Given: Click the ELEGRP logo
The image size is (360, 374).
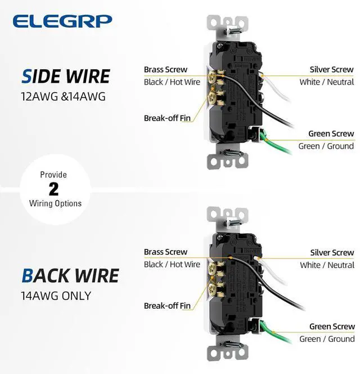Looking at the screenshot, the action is click(x=62, y=21).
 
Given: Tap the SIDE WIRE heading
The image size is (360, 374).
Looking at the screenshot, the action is click(x=66, y=77).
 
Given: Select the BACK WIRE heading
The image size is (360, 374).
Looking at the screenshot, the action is click(x=70, y=275).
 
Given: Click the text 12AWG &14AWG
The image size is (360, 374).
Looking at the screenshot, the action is click(x=63, y=97).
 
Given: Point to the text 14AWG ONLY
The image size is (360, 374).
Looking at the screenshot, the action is click(x=56, y=296).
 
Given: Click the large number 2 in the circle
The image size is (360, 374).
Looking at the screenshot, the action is click(x=53, y=189).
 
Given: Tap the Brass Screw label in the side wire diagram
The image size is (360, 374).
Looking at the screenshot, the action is click(x=165, y=69).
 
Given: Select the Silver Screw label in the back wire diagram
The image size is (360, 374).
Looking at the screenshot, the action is click(x=332, y=252).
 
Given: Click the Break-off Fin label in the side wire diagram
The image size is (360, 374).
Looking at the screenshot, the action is click(x=167, y=118).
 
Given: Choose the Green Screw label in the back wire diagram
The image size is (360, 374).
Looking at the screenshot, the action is click(x=332, y=326).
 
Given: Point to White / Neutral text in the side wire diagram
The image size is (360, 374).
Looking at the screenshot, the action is click(x=327, y=82).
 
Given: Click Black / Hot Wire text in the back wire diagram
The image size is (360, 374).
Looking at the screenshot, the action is click(x=172, y=264).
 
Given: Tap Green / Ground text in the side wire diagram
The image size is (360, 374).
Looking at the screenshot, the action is click(x=326, y=146).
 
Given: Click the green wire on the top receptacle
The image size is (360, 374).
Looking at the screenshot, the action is click(x=274, y=143).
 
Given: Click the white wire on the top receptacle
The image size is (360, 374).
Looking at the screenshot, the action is click(x=276, y=90).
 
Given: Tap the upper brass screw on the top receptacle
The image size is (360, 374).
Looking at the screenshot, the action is click(x=211, y=77).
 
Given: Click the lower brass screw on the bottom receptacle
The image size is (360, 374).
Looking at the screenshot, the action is click(x=212, y=290).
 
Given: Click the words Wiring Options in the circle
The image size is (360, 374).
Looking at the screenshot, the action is click(x=55, y=203).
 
